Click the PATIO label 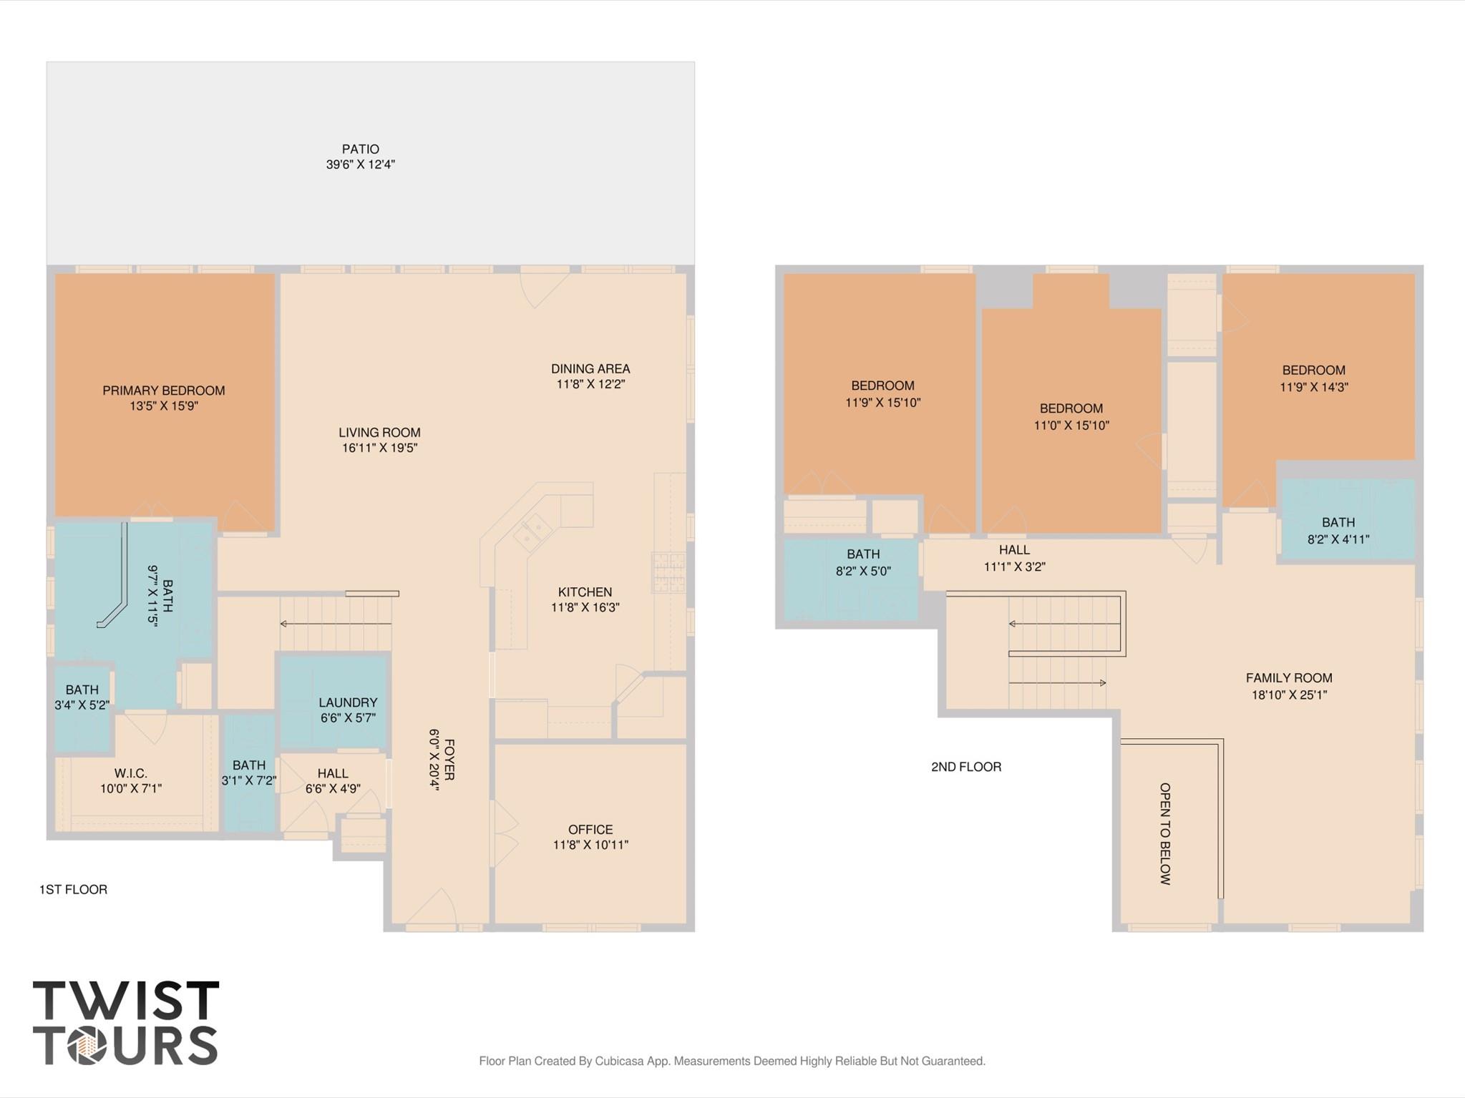360,149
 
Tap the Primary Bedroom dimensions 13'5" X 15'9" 163,406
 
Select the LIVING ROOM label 379,432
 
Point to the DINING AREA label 590,368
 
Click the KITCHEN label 585,592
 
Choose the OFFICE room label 590,829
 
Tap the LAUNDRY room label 348,702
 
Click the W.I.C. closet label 130,773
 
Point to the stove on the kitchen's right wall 668,572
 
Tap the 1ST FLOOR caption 73,889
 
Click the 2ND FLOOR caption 965,766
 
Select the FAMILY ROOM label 1288,677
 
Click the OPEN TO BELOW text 1165,833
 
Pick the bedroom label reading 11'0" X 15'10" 1071,425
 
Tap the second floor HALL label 1014,549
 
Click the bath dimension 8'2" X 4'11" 1338,539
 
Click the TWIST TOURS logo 125,1022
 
